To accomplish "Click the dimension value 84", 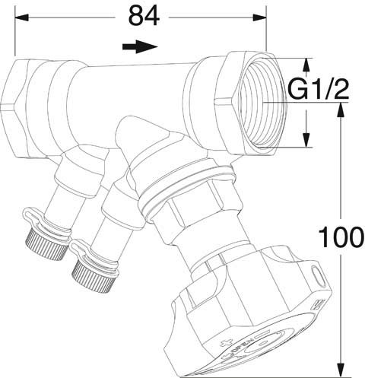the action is tap(144, 16).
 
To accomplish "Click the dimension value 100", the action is tap(341, 237).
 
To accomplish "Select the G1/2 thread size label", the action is tap(319, 89).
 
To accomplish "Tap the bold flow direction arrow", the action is tap(140, 46).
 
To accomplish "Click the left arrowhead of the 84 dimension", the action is tap(21, 17).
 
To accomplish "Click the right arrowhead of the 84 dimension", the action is tap(259, 17).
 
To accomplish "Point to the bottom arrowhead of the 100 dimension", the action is tap(341, 370).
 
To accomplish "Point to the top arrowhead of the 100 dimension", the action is tap(341, 110).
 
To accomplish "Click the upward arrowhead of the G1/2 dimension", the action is tap(306, 65).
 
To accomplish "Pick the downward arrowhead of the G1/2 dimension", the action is tap(306, 140).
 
